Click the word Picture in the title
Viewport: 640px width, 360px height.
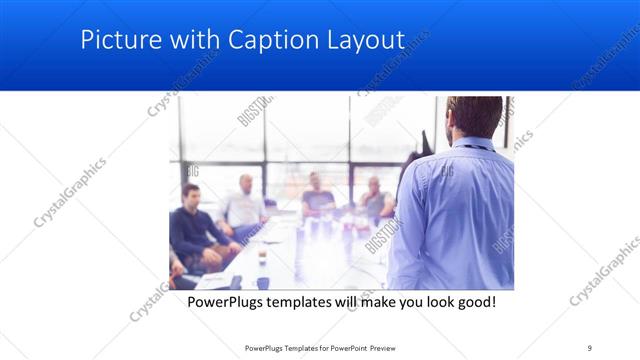click(113, 40)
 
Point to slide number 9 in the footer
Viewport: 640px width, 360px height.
click(590, 347)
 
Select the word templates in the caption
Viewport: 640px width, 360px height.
click(311, 301)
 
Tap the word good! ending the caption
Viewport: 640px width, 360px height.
click(474, 301)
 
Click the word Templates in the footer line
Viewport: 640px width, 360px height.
click(303, 347)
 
